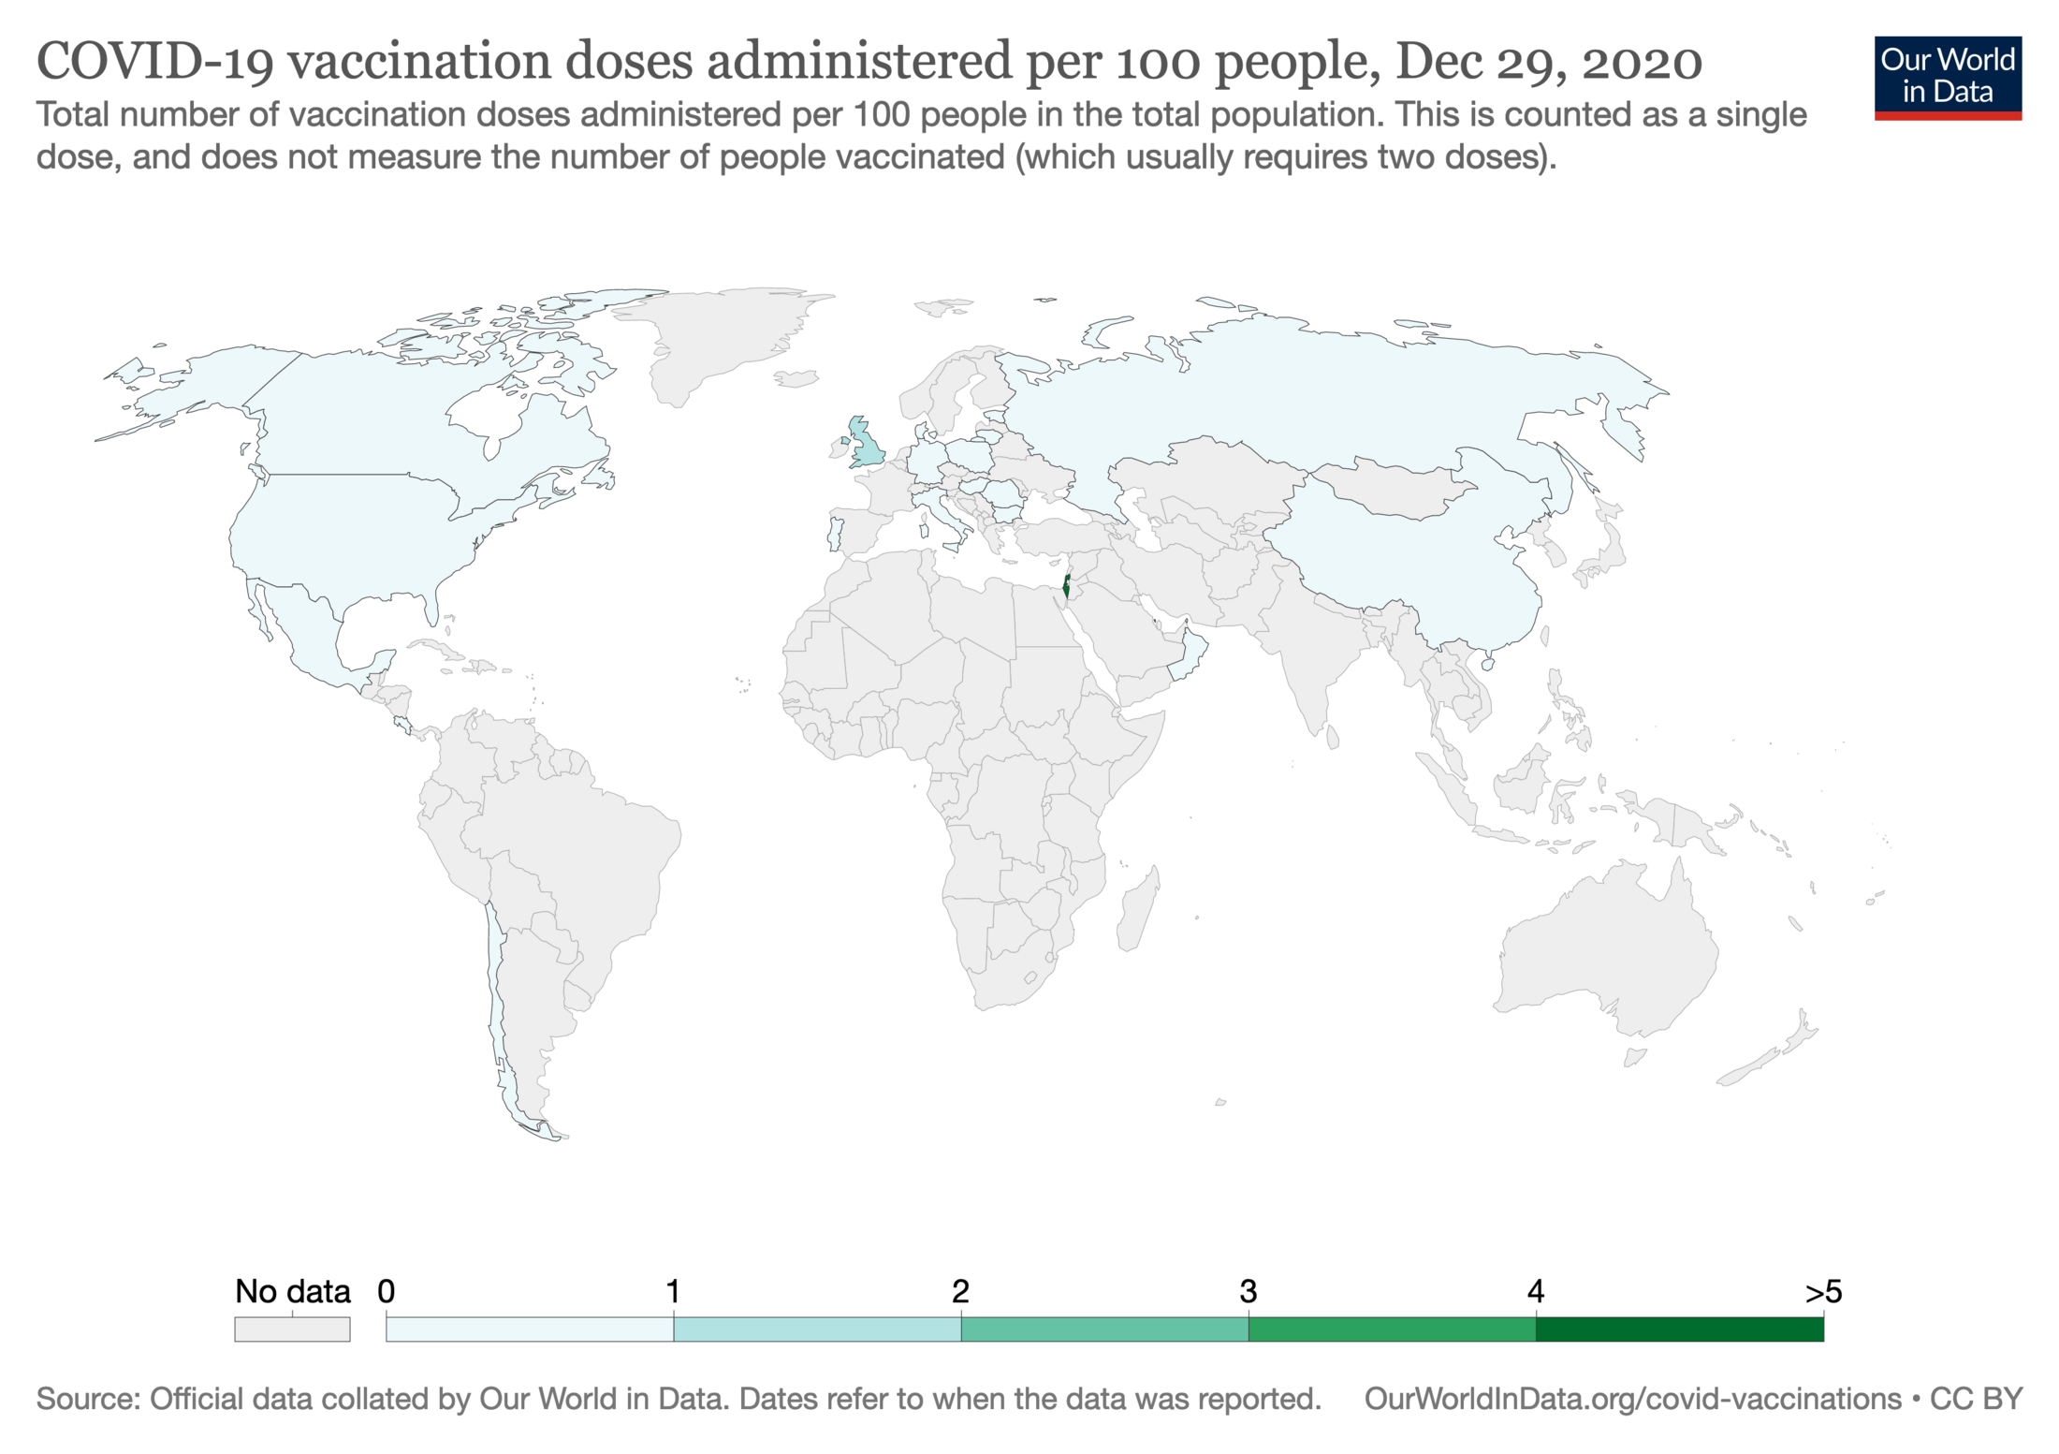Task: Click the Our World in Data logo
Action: [x=1947, y=78]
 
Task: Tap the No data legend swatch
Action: [x=292, y=1329]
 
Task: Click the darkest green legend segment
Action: [x=1679, y=1329]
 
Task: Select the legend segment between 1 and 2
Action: [x=817, y=1329]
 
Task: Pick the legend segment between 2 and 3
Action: [x=1104, y=1329]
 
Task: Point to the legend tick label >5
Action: [x=1822, y=1292]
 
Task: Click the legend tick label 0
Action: [x=386, y=1292]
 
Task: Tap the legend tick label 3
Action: [x=1248, y=1292]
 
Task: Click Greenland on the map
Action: [x=721, y=337]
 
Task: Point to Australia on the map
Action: [x=1605, y=955]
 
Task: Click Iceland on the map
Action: [x=796, y=378]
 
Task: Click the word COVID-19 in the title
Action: [x=155, y=62]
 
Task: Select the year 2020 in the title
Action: [x=1642, y=62]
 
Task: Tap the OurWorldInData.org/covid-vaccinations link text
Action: [x=1632, y=1399]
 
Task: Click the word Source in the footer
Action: [x=88, y=1399]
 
